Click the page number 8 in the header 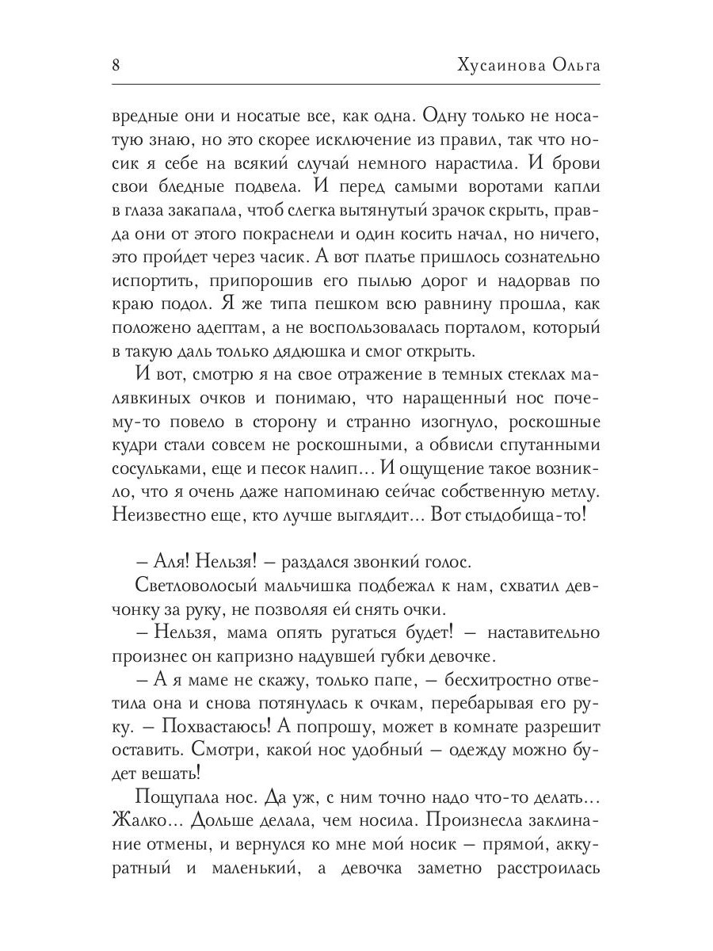point(116,65)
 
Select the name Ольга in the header point(573,65)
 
